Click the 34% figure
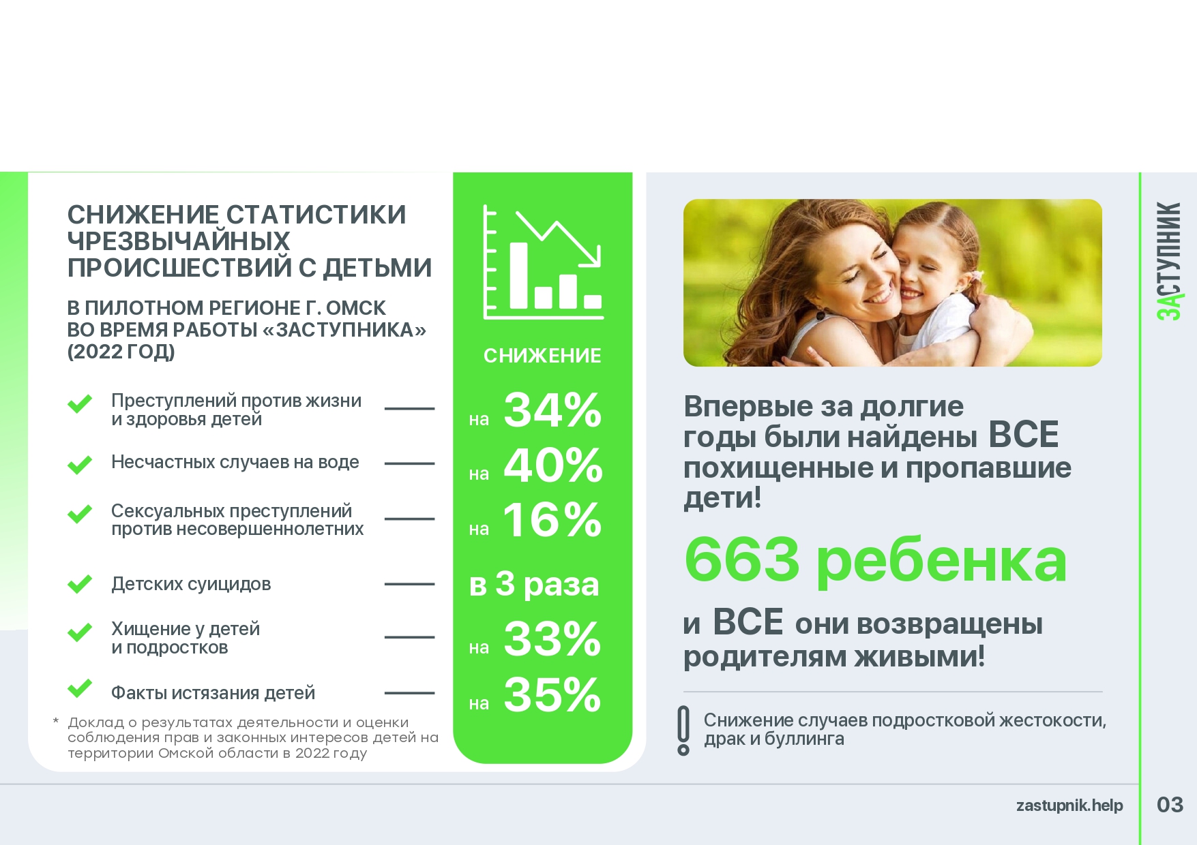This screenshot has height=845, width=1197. [x=552, y=410]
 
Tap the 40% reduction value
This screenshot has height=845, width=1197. [x=553, y=465]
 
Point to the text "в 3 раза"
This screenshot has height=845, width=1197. [x=534, y=584]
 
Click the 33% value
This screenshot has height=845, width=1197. [x=552, y=639]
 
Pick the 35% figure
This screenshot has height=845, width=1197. [x=552, y=695]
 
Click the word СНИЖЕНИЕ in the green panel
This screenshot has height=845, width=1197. [x=542, y=356]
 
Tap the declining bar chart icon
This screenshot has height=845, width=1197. [x=544, y=262]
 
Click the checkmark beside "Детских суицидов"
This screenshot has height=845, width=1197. [x=80, y=584]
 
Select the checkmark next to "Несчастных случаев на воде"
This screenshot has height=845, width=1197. [x=80, y=464]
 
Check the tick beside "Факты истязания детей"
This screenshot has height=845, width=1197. [x=80, y=688]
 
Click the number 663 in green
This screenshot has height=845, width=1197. [x=742, y=560]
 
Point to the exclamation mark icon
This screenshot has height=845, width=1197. [x=683, y=731]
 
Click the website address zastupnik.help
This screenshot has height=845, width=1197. [x=1069, y=805]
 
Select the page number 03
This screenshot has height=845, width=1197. [x=1170, y=805]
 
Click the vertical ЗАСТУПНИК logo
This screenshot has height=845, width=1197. [x=1170, y=261]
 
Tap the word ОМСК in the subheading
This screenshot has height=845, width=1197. [x=356, y=308]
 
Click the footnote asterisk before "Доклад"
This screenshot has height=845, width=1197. [x=56, y=721]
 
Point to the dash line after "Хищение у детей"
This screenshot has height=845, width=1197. [x=409, y=638]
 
